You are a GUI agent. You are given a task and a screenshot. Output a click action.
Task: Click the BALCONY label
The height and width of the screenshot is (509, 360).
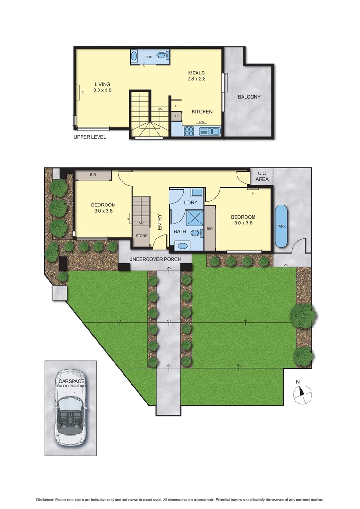coord(249,97)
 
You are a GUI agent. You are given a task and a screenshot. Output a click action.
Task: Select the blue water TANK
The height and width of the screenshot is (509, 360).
coord(281,226)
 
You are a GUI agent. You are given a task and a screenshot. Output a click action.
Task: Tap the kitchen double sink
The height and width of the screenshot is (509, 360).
coord(212,131)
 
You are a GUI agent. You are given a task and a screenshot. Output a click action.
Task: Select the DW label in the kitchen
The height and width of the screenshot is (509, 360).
coord(201,122)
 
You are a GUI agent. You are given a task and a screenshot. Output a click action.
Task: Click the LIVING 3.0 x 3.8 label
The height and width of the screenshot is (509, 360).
coord(102,87)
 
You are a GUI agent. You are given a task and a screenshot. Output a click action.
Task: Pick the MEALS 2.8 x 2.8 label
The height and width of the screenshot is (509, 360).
coord(196,76)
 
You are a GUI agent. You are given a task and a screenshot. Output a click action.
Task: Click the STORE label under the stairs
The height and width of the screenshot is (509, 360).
coord(141,236)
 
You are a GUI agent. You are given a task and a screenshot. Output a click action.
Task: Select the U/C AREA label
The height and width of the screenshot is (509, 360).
coord(262,176)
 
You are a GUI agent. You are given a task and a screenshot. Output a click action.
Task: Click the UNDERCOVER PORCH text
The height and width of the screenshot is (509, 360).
coord(155,259)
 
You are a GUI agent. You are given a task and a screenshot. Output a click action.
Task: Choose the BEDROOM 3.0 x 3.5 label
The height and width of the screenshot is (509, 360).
coord(243,220)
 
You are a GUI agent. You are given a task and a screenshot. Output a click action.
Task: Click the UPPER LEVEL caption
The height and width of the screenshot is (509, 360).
coord(90,137)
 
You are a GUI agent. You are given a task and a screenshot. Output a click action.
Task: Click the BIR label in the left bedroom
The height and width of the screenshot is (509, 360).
coord(93,174)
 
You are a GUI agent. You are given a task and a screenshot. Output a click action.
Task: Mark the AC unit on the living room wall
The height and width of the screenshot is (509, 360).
coord(80,92)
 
